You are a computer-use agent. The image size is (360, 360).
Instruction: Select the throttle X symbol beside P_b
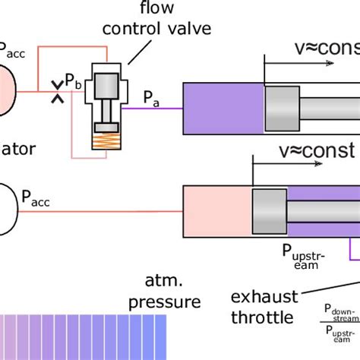click(x=56, y=92)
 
